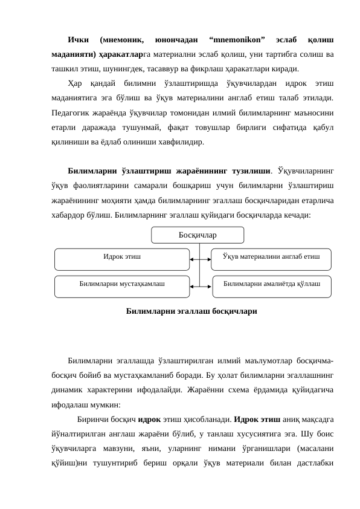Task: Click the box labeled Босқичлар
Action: [x=198, y=235]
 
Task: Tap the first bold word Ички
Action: [x=79, y=40]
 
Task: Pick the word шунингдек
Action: [x=103, y=70]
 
